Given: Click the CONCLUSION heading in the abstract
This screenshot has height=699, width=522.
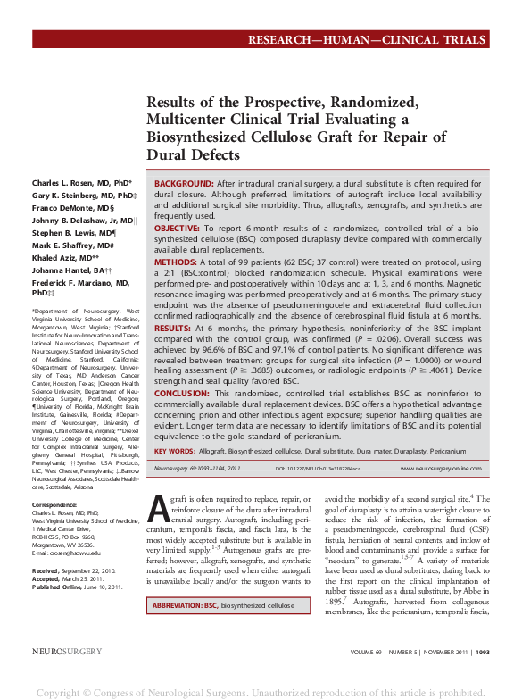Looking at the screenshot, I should (183, 395).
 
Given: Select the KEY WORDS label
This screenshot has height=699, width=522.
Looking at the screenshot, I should (174, 452).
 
